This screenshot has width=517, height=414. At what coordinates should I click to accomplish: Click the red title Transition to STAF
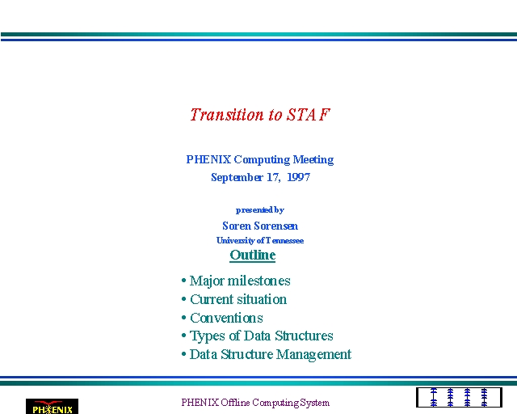coord(260,115)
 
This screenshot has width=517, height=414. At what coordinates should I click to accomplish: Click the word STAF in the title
coord(309,115)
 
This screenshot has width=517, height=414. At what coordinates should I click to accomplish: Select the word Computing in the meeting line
coord(262,160)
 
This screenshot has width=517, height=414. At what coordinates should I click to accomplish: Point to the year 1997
coord(298,177)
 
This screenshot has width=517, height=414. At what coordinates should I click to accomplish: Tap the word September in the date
coord(237,178)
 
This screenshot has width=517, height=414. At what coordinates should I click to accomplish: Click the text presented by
coord(260,210)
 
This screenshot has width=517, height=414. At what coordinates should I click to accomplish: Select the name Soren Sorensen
coord(260,226)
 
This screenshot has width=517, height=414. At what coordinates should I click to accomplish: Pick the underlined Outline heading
coord(253,256)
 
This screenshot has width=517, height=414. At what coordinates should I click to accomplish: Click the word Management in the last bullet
coord(313,355)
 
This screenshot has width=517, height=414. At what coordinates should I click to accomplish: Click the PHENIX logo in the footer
coord(52,407)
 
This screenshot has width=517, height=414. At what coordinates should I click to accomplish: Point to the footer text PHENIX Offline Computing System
coord(255,403)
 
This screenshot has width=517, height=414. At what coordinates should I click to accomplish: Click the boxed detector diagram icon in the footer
coord(459,398)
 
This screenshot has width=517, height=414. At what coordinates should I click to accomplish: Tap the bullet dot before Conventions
coord(183,318)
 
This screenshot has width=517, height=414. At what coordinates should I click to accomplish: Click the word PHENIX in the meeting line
coord(208,159)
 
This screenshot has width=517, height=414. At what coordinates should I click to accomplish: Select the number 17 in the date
coord(273,177)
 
